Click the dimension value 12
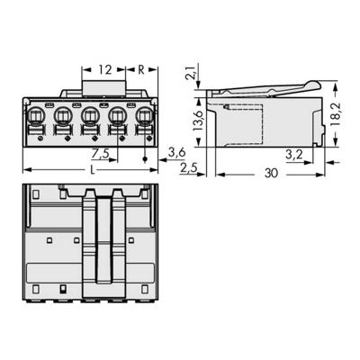[x=105, y=69]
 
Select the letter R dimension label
[x=142, y=69]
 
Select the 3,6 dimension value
[x=177, y=154]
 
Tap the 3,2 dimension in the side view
[x=293, y=154]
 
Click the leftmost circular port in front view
[x=38, y=117]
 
